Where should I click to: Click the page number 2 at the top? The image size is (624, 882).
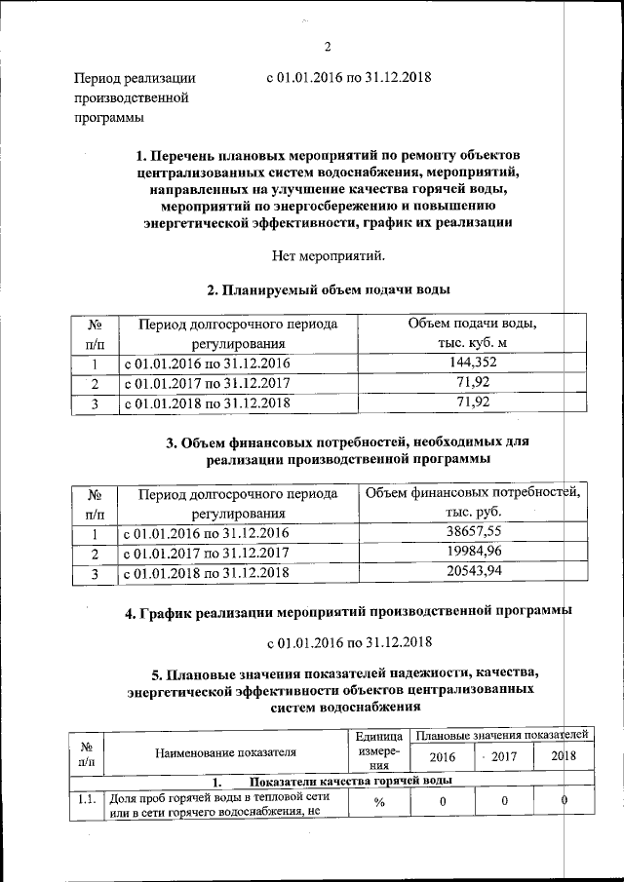(x=328, y=46)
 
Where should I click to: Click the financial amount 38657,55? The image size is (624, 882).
(x=473, y=533)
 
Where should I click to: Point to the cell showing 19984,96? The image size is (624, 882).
(x=473, y=553)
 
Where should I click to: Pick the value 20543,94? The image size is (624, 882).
(x=473, y=572)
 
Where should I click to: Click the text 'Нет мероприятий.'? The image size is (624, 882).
(x=328, y=256)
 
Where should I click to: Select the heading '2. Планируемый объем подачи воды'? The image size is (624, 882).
(x=328, y=289)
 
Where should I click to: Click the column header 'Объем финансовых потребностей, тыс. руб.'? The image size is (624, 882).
(x=473, y=503)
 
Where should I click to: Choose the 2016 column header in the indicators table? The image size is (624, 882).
(x=442, y=757)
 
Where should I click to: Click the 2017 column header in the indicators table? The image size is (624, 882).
(x=501, y=757)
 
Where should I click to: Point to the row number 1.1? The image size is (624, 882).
(x=87, y=800)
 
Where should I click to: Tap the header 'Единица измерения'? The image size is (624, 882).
(x=379, y=751)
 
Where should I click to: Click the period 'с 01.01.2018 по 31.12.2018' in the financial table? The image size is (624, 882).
(x=206, y=572)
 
